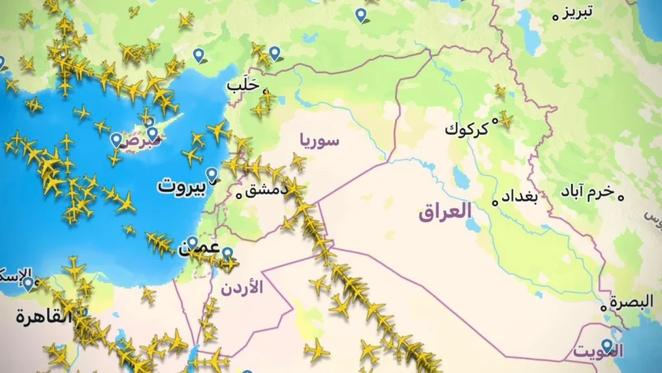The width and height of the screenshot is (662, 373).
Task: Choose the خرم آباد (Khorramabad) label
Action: (x=588, y=193)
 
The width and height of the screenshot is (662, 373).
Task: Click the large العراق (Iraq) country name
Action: (x=445, y=213)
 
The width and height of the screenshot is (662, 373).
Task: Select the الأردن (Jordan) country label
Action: (x=242, y=287)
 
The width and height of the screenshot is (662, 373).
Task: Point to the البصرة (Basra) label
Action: (x=631, y=302)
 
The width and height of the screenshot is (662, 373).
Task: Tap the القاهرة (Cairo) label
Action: (x=41, y=317)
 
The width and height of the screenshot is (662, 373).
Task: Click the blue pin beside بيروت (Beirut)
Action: (x=212, y=174)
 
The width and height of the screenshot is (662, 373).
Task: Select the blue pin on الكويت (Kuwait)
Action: (x=607, y=345)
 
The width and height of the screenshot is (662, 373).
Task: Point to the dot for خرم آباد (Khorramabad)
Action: (x=621, y=196)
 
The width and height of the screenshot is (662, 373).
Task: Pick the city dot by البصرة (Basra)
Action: (x=604, y=308)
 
